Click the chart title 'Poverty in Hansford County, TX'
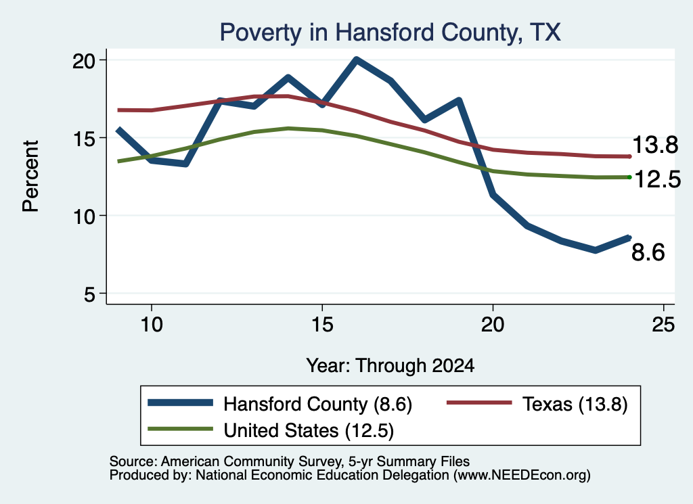390,32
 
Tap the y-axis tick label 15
83,139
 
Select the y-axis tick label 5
89,294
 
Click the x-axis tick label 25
663,325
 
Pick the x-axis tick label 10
152,325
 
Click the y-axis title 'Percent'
30,177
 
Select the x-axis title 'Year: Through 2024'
390,366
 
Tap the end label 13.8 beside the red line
655,145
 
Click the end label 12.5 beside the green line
658,179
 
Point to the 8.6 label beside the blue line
648,252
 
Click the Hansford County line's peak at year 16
357,60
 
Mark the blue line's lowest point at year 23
596,250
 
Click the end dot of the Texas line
629,156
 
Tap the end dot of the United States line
629,177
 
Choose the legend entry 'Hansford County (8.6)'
280,404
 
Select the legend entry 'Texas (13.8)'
537,404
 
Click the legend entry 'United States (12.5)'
271,430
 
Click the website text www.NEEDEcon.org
522,476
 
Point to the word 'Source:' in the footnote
133,461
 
